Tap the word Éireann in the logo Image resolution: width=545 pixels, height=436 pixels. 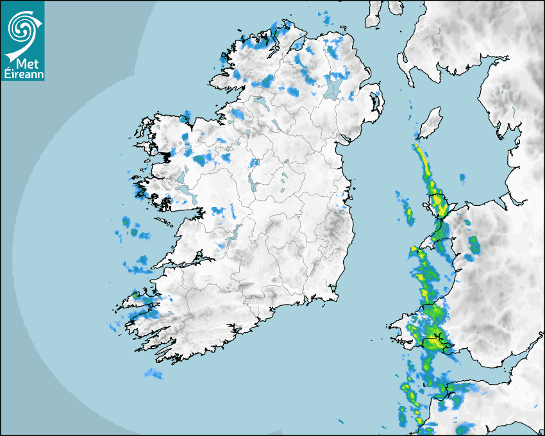tap(22, 73)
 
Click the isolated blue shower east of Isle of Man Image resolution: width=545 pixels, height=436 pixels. tap(462, 177)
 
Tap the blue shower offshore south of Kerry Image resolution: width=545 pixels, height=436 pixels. tap(153, 373)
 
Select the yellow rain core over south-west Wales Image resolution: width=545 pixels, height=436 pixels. tap(435, 339)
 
